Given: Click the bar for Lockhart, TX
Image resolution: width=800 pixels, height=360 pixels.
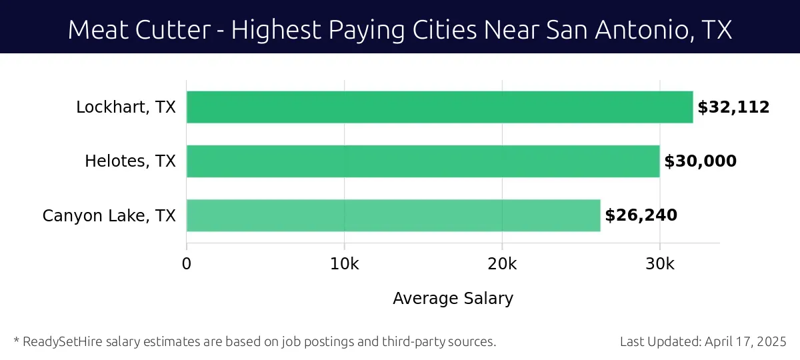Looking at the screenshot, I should click(x=439, y=107).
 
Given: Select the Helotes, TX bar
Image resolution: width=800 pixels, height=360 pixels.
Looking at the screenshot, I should click(x=423, y=161).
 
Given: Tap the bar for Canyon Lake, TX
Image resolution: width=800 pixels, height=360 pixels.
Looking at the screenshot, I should click(x=393, y=215).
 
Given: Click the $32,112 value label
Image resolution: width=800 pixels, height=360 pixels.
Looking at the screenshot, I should click(x=733, y=107).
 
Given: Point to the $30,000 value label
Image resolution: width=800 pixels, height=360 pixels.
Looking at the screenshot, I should click(x=700, y=161).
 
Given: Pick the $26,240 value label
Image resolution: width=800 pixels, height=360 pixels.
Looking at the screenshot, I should click(x=641, y=215).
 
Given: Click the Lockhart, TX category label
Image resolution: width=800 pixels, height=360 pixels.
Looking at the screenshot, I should click(x=126, y=107).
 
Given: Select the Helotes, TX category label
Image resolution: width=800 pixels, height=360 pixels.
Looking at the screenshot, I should click(x=130, y=161).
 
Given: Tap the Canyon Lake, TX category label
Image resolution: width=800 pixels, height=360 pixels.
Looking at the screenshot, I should click(x=109, y=216).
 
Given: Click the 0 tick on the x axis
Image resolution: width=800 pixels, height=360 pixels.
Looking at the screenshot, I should click(x=187, y=264).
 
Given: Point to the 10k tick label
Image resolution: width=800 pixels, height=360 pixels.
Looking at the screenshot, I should click(x=344, y=264).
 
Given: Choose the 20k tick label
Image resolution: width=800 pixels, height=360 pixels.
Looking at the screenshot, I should click(x=502, y=264).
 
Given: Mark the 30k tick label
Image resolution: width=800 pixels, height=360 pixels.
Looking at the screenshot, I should click(x=660, y=264).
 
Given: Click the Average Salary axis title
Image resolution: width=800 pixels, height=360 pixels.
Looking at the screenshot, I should click(x=453, y=299).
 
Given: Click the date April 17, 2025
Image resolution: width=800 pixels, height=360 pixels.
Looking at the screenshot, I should click(x=747, y=342).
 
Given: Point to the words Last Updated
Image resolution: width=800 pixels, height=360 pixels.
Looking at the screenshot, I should click(x=660, y=342).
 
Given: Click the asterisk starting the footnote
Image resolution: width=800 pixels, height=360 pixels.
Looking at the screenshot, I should click(x=16, y=341).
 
